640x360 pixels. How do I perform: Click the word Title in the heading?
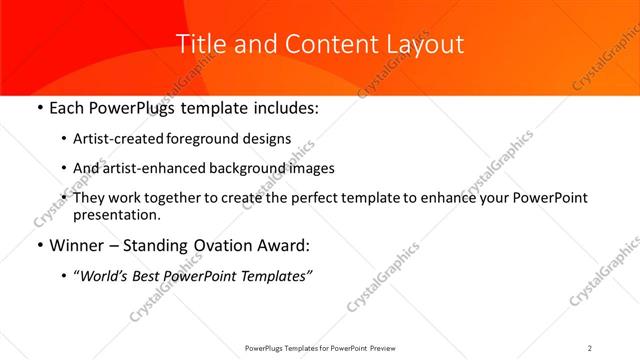click(200, 45)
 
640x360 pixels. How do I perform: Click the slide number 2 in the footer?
click(590, 347)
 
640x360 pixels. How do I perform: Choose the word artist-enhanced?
click(159, 168)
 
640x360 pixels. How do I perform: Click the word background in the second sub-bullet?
click(262, 168)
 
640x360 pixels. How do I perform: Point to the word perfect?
click(330, 198)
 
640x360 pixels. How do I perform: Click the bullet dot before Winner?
click(39, 245)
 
